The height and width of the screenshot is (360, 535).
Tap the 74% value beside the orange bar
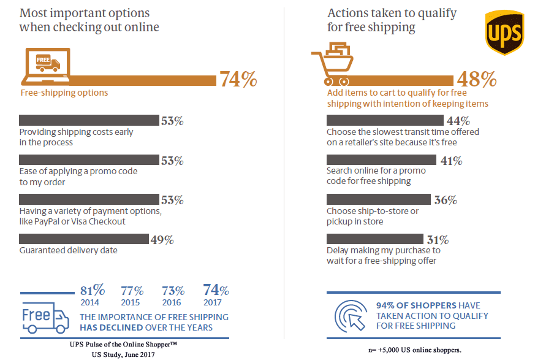(238, 80)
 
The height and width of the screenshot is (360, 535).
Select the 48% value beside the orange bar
(476, 79)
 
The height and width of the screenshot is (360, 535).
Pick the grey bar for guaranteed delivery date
(83, 239)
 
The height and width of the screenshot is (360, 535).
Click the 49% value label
(162, 239)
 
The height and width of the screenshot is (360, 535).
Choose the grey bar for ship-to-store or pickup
(378, 200)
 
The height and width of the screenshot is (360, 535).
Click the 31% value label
(438, 239)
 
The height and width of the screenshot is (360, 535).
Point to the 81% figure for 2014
(93, 289)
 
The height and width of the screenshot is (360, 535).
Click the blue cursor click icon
(351, 315)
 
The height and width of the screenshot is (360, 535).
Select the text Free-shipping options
(64, 93)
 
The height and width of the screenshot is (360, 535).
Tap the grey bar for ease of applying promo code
(88, 161)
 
